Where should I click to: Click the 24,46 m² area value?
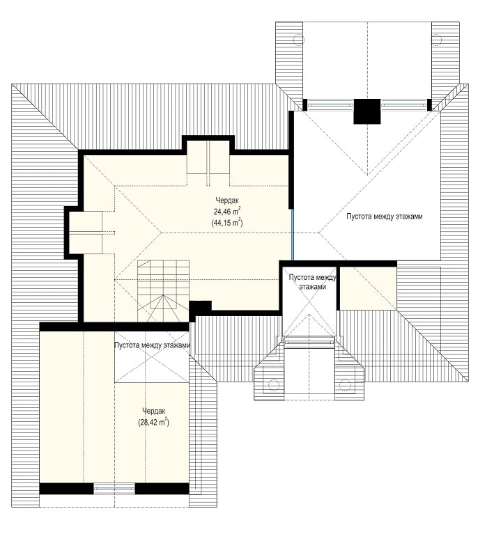pyautogui.click(x=227, y=212)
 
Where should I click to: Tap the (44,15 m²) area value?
pyautogui.click(x=227, y=223)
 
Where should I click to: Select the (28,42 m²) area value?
pyautogui.click(x=153, y=422)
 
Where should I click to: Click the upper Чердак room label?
pyautogui.click(x=227, y=201)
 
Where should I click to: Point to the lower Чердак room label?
pyautogui.click(x=153, y=411)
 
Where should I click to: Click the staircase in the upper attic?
pyautogui.click(x=164, y=291)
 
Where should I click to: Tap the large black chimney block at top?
pyautogui.click(x=367, y=111)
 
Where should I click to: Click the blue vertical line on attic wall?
pyautogui.click(x=292, y=235)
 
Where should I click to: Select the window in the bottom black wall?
pyautogui.click(x=114, y=489)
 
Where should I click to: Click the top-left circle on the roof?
pyautogui.click(x=299, y=40)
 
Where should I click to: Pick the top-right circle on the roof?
pyautogui.click(x=436, y=40)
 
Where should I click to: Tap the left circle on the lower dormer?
pyautogui.click(x=274, y=384)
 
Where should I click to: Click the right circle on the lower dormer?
pyautogui.click(x=345, y=384)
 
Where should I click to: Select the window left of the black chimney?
pyautogui.click(x=330, y=105)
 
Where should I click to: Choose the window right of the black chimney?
pyautogui.click(x=404, y=105)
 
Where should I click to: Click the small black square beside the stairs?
pyautogui.click(x=200, y=308)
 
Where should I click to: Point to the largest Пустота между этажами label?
pyautogui.click(x=385, y=217)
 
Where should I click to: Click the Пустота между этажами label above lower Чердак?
pyautogui.click(x=152, y=345)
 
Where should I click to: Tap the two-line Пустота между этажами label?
pyautogui.click(x=312, y=282)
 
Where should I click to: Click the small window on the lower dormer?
pyautogui.click(x=309, y=343)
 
